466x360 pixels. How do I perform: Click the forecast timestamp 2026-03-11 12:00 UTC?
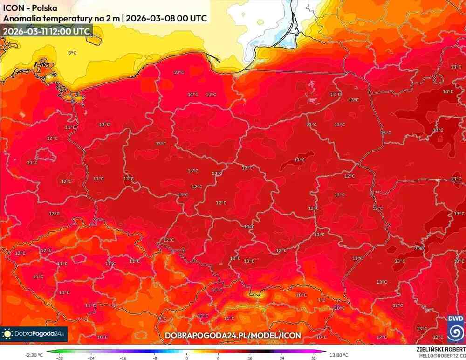click(46, 31)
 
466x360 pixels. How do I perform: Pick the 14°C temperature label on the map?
click(448, 92)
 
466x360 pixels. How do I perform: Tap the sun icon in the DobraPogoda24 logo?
click(8, 334)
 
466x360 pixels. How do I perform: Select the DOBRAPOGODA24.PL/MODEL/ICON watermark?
click(233, 335)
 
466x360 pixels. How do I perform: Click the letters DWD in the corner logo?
click(455, 318)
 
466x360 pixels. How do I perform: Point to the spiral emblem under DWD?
click(455, 332)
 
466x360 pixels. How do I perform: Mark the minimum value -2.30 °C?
click(34, 353)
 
